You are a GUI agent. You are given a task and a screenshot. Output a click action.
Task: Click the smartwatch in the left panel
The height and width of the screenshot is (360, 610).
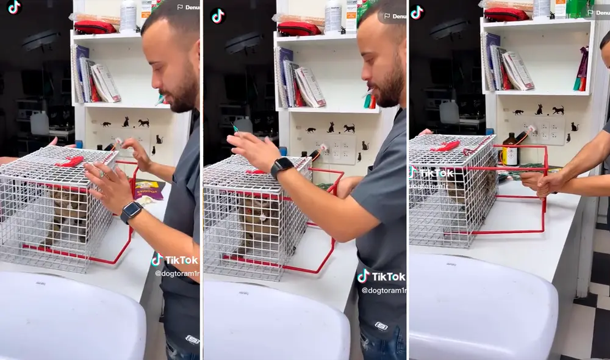click(131, 212)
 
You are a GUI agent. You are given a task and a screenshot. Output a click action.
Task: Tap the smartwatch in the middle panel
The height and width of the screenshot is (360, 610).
click(281, 167)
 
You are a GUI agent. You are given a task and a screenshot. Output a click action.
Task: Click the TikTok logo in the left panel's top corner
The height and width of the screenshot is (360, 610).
click(13, 7)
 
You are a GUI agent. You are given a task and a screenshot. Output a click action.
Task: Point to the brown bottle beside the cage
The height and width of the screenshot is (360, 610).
click(509, 151)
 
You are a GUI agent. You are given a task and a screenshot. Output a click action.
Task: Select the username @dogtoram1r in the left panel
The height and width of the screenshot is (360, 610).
click(176, 273)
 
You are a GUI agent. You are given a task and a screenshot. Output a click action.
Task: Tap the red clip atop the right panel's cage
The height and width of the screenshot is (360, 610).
click(445, 146)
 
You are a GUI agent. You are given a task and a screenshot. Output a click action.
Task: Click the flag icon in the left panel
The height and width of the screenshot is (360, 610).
click(180, 7)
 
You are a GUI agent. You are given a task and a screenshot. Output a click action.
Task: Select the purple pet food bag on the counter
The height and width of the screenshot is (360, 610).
click(148, 190)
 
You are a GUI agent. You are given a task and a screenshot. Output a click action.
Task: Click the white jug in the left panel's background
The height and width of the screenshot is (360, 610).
click(40, 123)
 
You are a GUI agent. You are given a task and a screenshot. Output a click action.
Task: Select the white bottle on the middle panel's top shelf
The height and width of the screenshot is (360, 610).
click(333, 16)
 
